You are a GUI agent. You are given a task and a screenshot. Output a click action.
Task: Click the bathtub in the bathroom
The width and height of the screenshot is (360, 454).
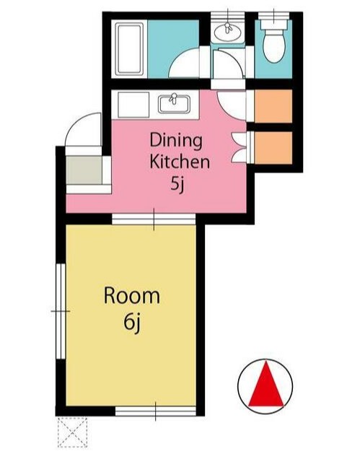click(129, 49)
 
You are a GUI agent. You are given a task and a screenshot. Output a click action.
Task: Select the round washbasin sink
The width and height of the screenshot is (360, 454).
click(228, 32)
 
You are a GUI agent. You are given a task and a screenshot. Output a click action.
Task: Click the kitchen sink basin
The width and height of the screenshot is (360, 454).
click(174, 105)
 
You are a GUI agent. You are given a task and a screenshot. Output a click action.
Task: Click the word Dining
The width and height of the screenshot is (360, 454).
click(176, 141)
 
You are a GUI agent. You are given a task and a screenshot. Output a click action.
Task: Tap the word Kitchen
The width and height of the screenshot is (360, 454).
click(180, 162)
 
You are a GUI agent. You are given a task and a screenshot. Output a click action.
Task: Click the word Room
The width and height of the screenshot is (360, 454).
click(132, 296)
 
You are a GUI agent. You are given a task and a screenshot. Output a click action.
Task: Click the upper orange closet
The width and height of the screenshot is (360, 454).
click(273, 106)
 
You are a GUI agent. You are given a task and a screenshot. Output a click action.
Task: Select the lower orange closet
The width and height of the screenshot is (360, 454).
click(273, 148)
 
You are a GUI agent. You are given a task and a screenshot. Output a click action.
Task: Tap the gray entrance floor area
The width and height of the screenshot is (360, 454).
click(84, 170)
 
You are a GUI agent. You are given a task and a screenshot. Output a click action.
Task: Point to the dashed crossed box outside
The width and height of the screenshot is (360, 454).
click(72, 432)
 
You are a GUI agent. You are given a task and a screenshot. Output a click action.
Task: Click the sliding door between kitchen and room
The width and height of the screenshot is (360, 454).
click(154, 219)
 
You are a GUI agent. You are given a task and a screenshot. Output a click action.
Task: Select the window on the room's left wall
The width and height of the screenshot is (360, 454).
click(61, 311)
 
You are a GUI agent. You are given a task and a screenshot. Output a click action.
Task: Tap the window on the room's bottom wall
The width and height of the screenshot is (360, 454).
click(156, 411)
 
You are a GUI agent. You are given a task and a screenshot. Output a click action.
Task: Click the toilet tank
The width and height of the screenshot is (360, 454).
click(273, 25)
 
